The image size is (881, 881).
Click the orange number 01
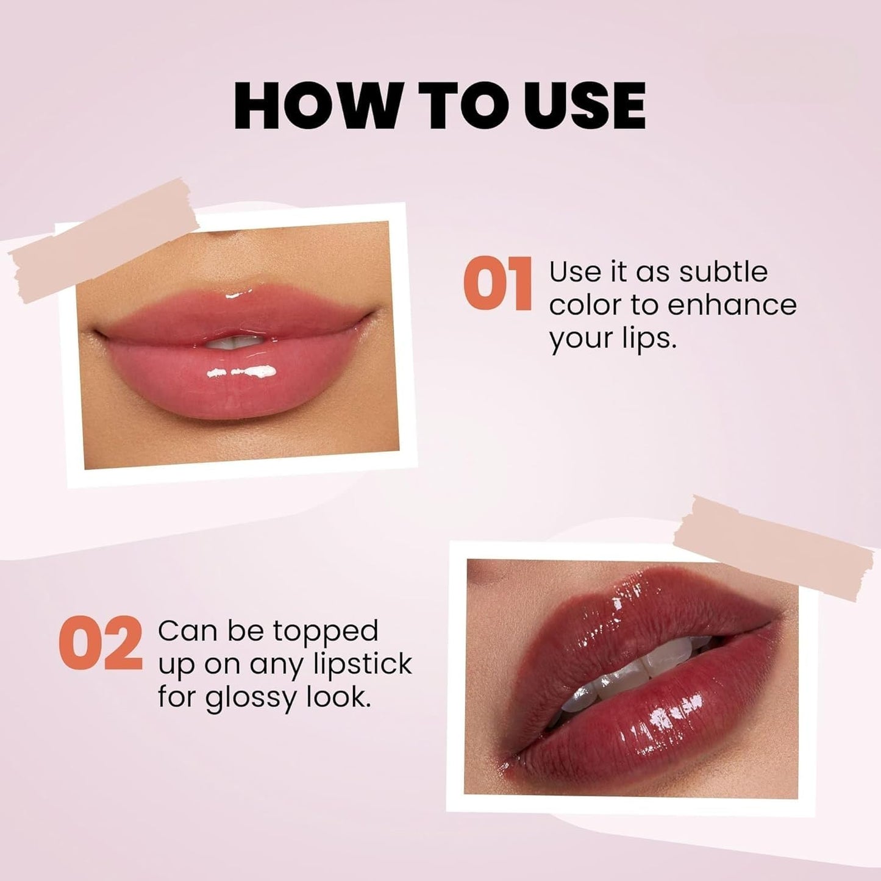498,284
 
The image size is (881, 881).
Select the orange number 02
101,644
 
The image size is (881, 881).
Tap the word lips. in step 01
647,339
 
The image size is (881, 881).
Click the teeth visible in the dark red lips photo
616,677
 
